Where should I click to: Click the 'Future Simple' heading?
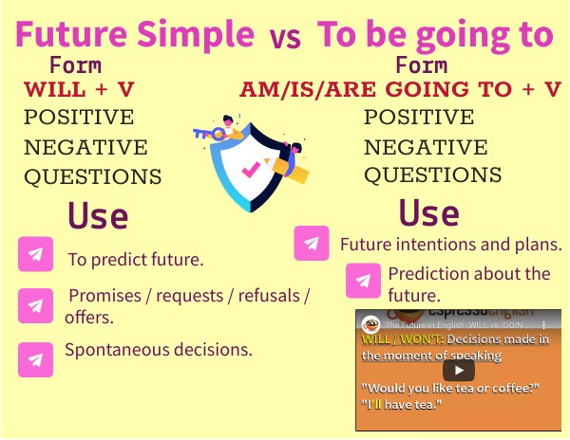coord(135,35)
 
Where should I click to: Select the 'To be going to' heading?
coord(435,35)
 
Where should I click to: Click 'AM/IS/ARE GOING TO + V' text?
coord(400,91)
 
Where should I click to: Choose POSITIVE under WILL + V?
coord(79,119)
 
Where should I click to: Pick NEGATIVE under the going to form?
coord(426,147)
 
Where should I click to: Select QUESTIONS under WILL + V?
coord(92,176)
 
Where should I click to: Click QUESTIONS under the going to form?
coord(432,175)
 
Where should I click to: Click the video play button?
coord(458,370)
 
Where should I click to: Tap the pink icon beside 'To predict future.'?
coord(35,255)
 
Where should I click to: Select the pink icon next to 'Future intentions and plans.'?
coord(312,243)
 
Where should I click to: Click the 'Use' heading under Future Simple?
coord(97,215)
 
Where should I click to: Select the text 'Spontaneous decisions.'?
coord(158,350)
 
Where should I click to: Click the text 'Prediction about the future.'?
coord(468,284)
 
